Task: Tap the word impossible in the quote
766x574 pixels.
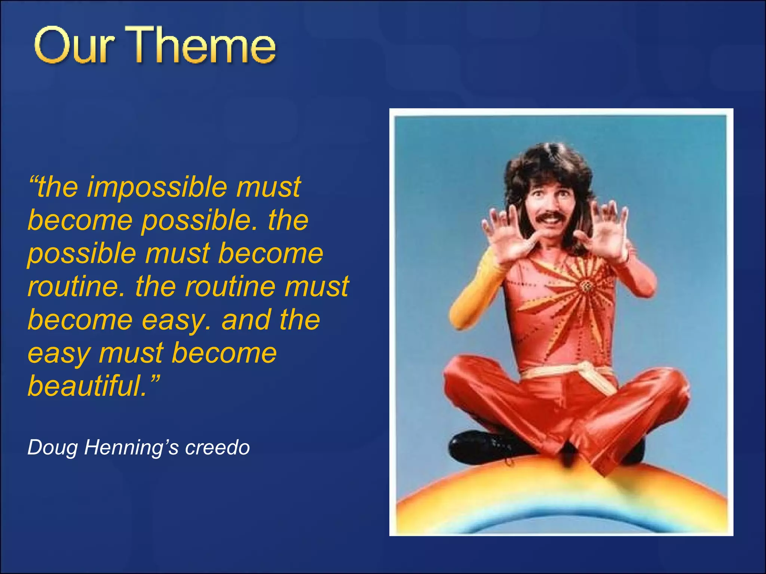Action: pyautogui.click(x=157, y=187)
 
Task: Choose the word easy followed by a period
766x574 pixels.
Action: pyautogui.click(x=176, y=320)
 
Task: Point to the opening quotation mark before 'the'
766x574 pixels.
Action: pyautogui.click(x=33, y=180)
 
